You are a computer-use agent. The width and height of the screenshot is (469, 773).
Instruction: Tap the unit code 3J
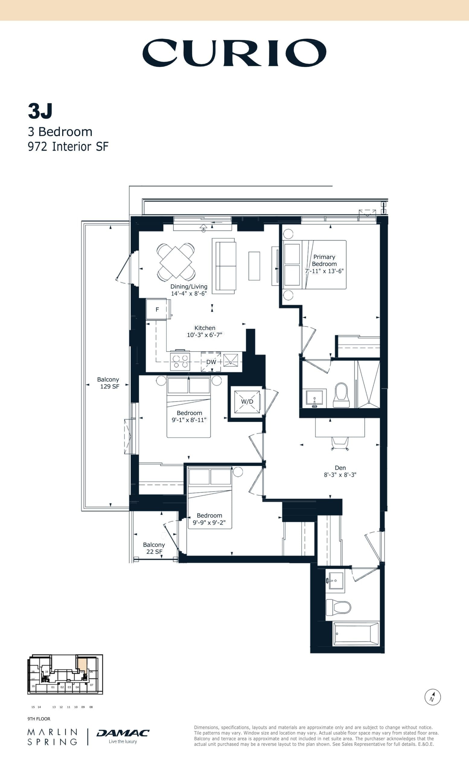(x=40, y=111)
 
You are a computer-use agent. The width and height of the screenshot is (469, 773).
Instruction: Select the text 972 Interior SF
(x=68, y=147)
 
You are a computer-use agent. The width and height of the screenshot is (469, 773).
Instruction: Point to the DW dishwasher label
(x=211, y=362)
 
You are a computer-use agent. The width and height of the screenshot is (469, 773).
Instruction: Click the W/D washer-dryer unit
(x=247, y=402)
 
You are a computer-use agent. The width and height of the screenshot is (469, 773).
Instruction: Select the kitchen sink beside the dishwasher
(x=230, y=361)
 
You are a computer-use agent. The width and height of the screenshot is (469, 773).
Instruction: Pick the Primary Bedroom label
(x=324, y=260)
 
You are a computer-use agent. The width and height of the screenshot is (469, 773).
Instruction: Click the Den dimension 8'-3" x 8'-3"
(x=340, y=475)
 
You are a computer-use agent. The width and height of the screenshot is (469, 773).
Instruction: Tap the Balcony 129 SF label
(x=108, y=383)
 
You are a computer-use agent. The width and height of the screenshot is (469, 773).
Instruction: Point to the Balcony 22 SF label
(x=154, y=548)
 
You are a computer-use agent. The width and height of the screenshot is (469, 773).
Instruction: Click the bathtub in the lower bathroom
(x=356, y=634)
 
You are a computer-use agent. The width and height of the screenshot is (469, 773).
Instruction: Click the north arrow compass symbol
(x=433, y=697)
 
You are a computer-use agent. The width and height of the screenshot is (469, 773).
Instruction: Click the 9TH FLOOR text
(x=39, y=719)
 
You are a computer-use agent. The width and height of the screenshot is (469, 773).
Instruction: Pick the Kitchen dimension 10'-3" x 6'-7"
(x=204, y=335)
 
